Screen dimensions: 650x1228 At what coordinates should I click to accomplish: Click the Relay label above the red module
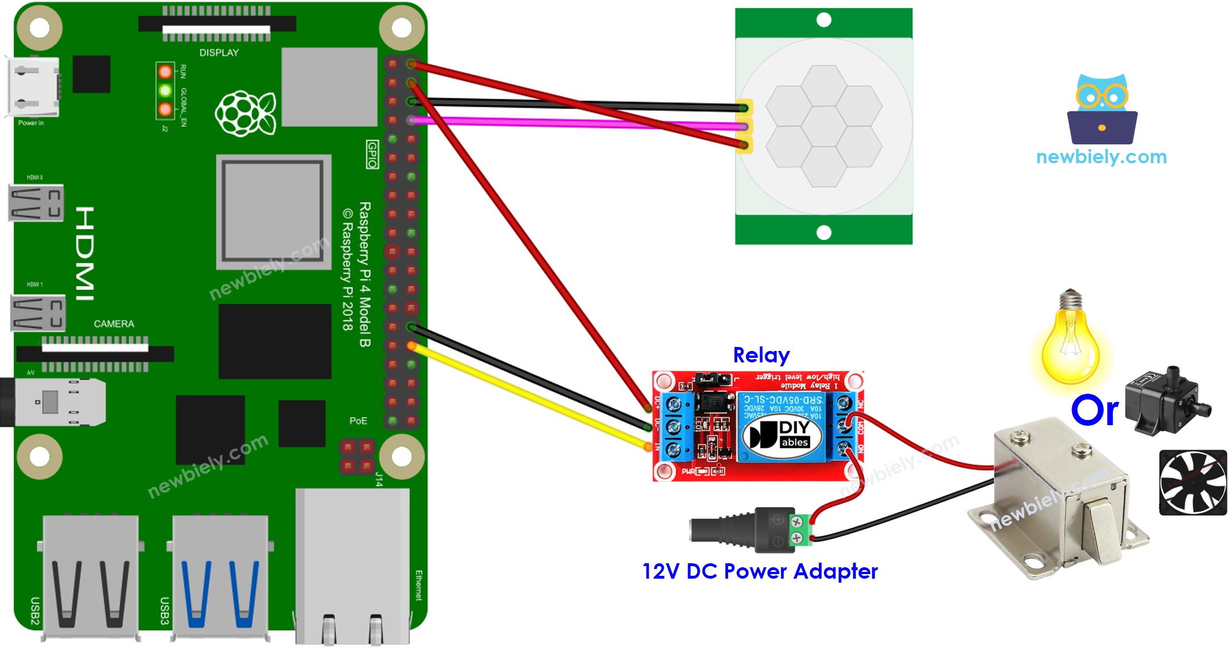[761, 355]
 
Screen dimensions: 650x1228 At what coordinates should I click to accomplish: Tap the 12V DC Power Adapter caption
[760, 571]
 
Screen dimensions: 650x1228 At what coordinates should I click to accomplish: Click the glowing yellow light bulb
[1070, 342]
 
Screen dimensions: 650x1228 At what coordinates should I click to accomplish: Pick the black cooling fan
[1192, 482]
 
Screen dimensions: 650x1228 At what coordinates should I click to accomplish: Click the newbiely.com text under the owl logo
[1101, 156]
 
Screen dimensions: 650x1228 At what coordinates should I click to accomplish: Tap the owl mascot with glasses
[1102, 108]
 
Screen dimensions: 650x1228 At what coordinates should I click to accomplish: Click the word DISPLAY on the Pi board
[219, 53]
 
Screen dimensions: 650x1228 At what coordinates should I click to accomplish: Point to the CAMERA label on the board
[114, 324]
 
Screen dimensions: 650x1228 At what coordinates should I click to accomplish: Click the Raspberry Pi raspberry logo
[245, 113]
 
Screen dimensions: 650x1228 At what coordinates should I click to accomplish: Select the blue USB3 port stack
[220, 576]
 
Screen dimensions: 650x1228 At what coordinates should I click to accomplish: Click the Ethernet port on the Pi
[352, 565]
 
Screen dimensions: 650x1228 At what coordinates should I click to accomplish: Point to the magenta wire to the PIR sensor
[571, 123]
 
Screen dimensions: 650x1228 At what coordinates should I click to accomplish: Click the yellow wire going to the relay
[531, 397]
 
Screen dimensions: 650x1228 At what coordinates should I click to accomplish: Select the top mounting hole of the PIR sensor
[823, 20]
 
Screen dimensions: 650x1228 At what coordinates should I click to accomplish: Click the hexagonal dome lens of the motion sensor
[823, 126]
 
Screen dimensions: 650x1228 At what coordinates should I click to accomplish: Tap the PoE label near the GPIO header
[358, 421]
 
